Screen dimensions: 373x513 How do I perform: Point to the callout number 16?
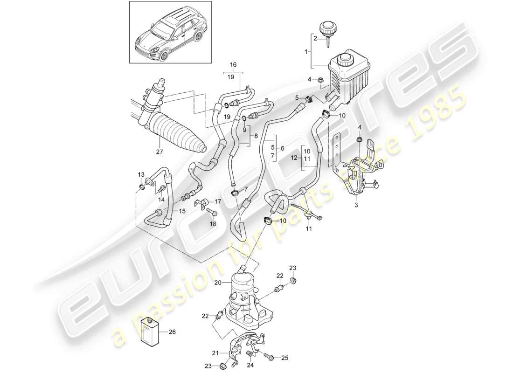point(234,66)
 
